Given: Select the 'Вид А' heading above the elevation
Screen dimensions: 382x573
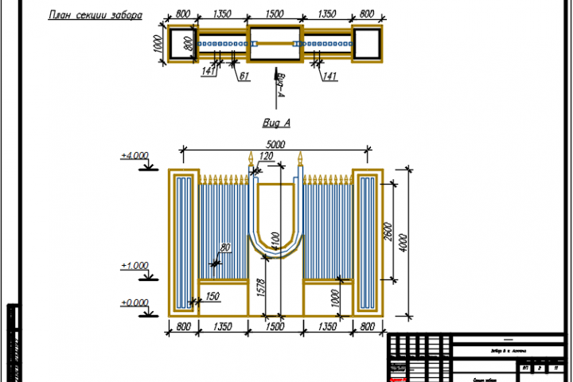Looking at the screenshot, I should click(276, 123).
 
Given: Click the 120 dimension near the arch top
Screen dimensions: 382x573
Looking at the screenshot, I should click(266, 158).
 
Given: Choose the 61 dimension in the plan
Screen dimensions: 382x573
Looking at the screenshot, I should click(244, 76).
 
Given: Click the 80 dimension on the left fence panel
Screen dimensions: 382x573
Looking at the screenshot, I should click(225, 249).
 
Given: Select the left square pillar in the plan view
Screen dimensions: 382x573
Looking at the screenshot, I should click(181, 43).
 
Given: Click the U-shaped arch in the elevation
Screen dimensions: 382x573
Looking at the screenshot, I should click(276, 231).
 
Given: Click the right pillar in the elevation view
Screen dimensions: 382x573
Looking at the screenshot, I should click(368, 243).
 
